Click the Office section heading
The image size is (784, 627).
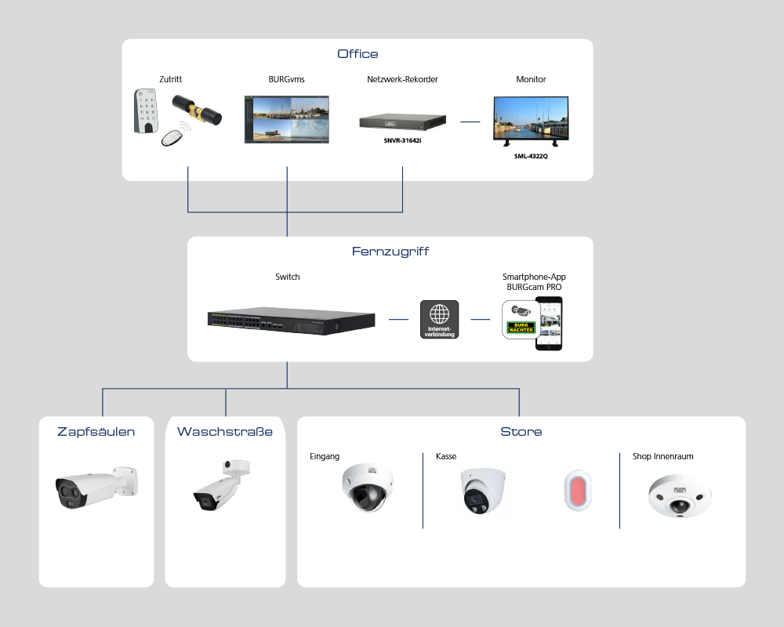[358, 54]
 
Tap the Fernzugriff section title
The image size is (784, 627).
[390, 252]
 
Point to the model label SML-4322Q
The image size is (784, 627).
[530, 155]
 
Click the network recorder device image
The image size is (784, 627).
[402, 122]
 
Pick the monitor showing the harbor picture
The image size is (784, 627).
[530, 120]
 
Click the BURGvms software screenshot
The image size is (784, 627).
[287, 119]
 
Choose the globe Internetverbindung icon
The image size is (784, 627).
[440, 319]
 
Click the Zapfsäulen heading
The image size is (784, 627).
[96, 432]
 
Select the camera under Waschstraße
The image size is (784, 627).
[222, 486]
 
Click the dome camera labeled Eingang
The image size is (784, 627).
[367, 487]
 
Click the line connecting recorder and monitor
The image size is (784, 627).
[470, 121]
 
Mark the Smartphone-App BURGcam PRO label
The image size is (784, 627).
[535, 282]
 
